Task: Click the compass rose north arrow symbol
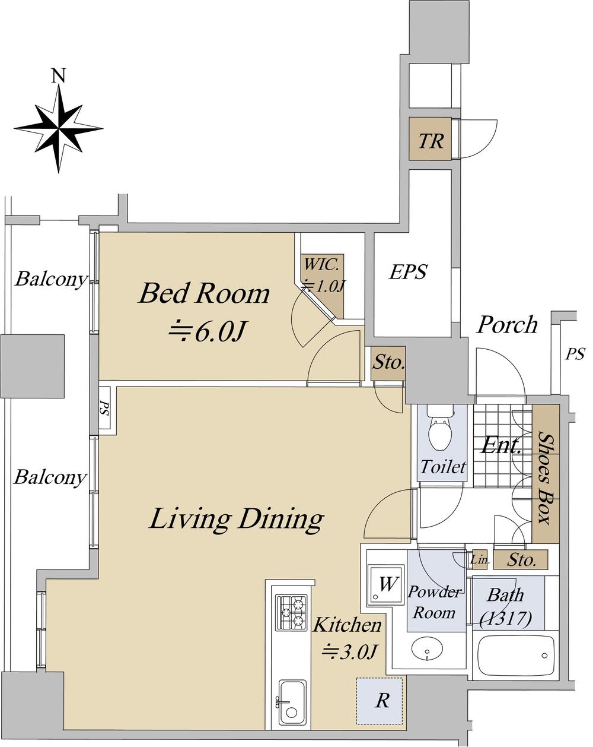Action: tap(58, 128)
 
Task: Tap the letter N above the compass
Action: tap(59, 75)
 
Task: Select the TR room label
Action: tap(431, 141)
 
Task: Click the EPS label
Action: tap(408, 271)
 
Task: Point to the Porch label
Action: tap(508, 325)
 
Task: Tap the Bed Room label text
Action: tap(204, 294)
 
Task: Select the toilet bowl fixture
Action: tap(441, 428)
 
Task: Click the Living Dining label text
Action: tap(237, 519)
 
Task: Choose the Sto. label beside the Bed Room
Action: tap(388, 363)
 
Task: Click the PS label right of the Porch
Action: tap(575, 354)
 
